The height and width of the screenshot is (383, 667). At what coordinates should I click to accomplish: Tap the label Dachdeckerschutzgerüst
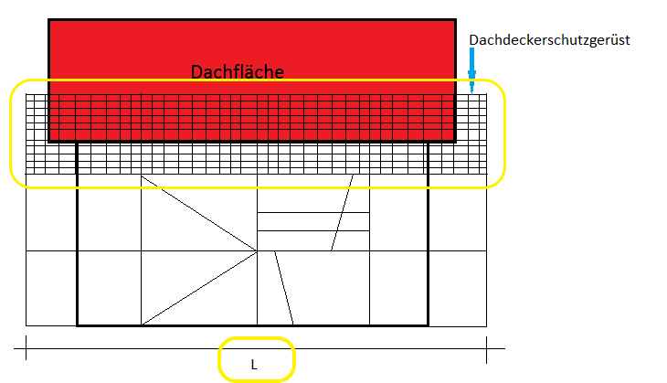tap(549, 40)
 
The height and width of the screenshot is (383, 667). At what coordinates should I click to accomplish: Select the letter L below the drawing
tap(255, 365)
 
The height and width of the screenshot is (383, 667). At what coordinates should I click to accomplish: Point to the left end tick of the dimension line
tap(26, 347)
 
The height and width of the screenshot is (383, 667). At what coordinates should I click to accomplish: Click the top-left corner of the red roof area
tap(49, 20)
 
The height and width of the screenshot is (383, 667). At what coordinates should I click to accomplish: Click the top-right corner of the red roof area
tap(455, 20)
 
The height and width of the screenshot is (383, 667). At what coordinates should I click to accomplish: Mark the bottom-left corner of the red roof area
tap(49, 142)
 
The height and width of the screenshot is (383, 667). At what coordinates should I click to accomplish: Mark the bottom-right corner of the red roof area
tap(455, 142)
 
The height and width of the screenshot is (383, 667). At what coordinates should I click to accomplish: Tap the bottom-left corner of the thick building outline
tap(78, 324)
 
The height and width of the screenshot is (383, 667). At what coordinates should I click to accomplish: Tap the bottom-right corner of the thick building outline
tap(428, 324)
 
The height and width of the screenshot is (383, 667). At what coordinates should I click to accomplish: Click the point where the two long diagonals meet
tap(257, 250)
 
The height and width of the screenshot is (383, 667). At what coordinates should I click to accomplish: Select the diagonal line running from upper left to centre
tap(199, 213)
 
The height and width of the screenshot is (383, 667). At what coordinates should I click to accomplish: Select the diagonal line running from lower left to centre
tap(199, 287)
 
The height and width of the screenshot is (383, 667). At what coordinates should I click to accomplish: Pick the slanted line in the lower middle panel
tap(283, 288)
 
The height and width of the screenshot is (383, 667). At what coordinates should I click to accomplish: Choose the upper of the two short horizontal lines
tap(313, 212)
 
